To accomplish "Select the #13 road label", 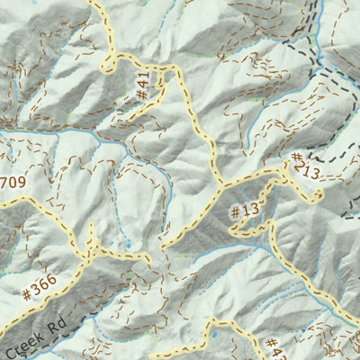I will pos(244,212).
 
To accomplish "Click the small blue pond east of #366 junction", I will pos(127,243).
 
